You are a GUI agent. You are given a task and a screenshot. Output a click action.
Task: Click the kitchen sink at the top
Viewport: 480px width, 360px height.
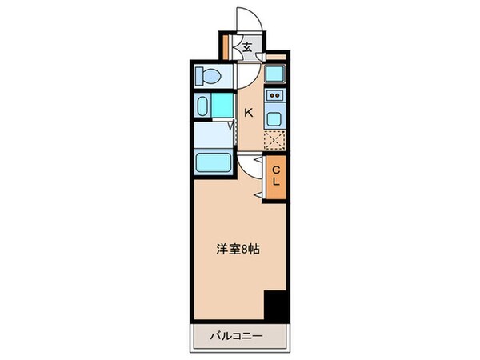pos(276,77)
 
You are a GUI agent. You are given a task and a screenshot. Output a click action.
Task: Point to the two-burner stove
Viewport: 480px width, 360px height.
pos(276,98)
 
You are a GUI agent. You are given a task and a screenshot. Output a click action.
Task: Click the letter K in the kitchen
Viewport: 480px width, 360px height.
pos(249,114)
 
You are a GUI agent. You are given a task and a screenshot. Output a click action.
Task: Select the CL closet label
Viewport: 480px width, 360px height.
pos(276,175)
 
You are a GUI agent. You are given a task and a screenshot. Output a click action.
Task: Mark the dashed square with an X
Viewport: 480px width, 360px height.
pos(276,142)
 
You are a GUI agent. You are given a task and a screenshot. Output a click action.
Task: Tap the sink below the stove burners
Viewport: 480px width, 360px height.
pos(276,119)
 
